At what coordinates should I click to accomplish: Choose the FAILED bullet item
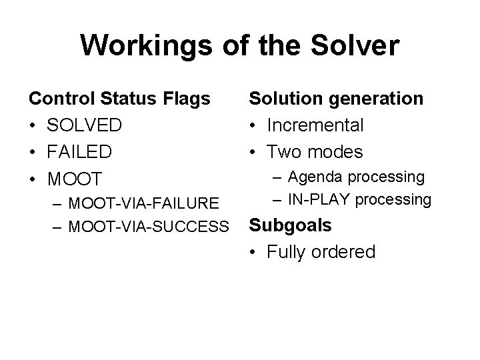point(79,152)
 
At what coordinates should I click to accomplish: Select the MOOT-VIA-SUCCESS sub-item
point(147,227)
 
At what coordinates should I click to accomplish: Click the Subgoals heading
point(289,225)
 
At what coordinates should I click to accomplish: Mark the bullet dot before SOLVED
point(33,125)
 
